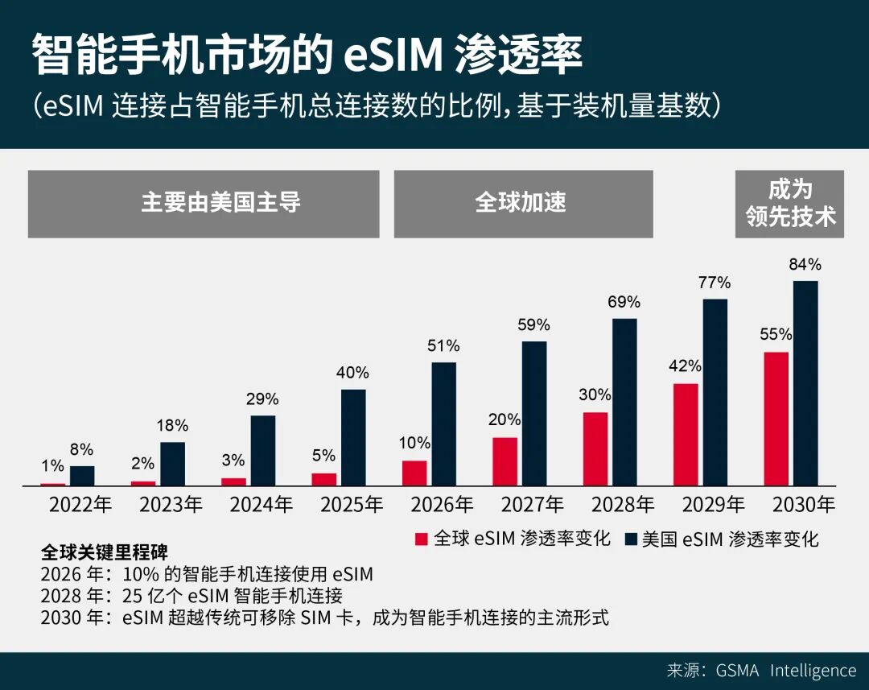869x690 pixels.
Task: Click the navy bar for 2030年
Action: point(805,383)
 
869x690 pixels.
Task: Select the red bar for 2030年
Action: point(776,419)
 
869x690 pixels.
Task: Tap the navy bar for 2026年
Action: point(443,424)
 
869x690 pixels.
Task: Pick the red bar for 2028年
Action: point(595,449)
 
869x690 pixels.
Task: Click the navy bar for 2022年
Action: point(82,476)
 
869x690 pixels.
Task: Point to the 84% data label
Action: point(805,264)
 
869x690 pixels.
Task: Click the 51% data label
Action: point(443,345)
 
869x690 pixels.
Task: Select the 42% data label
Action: point(685,366)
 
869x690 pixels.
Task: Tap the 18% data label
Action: point(171,425)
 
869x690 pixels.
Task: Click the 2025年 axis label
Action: point(352,506)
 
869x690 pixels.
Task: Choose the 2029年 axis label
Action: point(714,506)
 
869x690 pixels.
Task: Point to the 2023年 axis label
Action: point(171,506)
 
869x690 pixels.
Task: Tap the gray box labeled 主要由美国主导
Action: point(204,204)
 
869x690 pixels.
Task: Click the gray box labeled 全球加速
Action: point(523,204)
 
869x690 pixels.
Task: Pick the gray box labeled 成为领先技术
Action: point(789,204)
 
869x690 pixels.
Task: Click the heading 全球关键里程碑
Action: point(105,553)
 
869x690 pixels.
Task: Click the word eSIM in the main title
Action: point(393,56)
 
